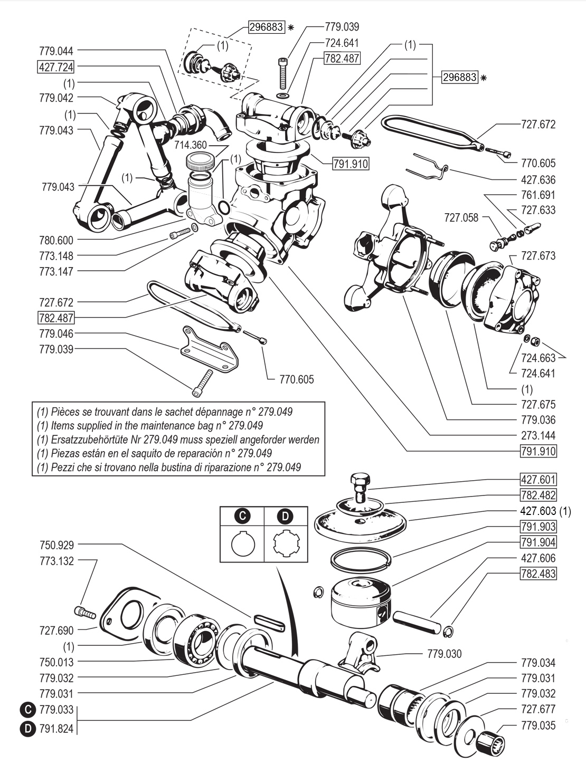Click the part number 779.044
click(56, 51)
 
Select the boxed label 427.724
click(56, 67)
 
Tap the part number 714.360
click(192, 145)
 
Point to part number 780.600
click(56, 240)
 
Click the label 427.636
click(538, 179)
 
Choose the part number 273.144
click(538, 436)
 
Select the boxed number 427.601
click(538, 480)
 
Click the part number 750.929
click(56, 545)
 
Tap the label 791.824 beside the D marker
click(56, 730)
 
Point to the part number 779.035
click(538, 726)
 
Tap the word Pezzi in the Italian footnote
click(64, 467)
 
